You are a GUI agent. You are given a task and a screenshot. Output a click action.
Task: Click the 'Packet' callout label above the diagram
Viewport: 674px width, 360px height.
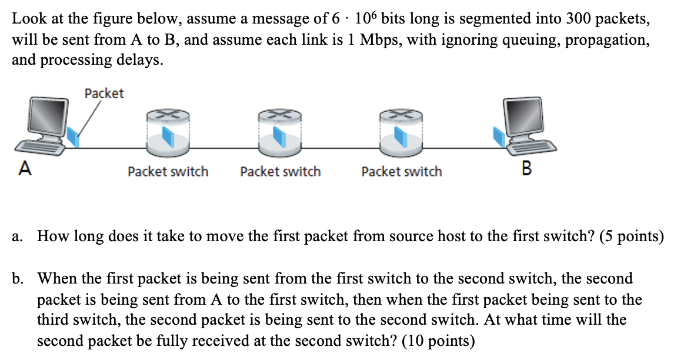[x=104, y=94]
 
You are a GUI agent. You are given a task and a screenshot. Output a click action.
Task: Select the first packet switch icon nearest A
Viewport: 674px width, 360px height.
[x=167, y=132]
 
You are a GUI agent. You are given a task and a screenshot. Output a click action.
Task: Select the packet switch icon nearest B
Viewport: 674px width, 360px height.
[x=401, y=132]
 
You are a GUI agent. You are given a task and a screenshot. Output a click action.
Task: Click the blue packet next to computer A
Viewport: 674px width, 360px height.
[x=73, y=136]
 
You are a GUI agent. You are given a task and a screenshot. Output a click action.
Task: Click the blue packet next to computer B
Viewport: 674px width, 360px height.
[x=499, y=138]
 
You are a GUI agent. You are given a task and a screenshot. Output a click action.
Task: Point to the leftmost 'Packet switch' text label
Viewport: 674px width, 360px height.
[x=168, y=172]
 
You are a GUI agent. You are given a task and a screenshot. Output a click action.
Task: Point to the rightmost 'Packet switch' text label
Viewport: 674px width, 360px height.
[x=402, y=172]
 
